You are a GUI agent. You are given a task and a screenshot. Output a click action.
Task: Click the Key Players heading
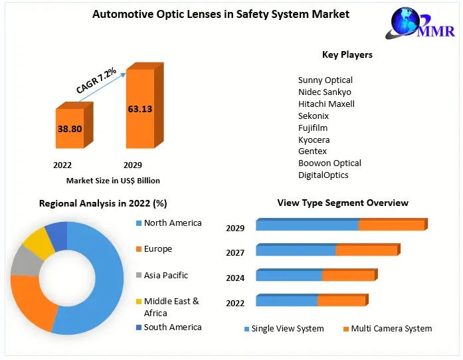tap(347, 54)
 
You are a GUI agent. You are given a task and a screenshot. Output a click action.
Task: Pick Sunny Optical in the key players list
tap(325, 80)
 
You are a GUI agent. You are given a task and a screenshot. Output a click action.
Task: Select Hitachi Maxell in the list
tap(326, 104)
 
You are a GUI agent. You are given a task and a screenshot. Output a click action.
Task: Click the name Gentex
tap(312, 151)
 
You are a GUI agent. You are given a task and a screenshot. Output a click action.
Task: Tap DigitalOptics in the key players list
tap(323, 175)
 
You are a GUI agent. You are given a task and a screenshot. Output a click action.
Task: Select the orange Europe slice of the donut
tap(30, 303)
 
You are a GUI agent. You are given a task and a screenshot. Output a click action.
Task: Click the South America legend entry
tap(172, 327)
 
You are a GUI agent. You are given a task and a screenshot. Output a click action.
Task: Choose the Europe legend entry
tap(157, 249)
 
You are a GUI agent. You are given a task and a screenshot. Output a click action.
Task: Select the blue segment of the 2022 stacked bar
tap(286, 301)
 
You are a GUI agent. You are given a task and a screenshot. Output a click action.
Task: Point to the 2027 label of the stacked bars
tap(235, 252)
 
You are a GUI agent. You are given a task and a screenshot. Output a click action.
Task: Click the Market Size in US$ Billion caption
tap(113, 181)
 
